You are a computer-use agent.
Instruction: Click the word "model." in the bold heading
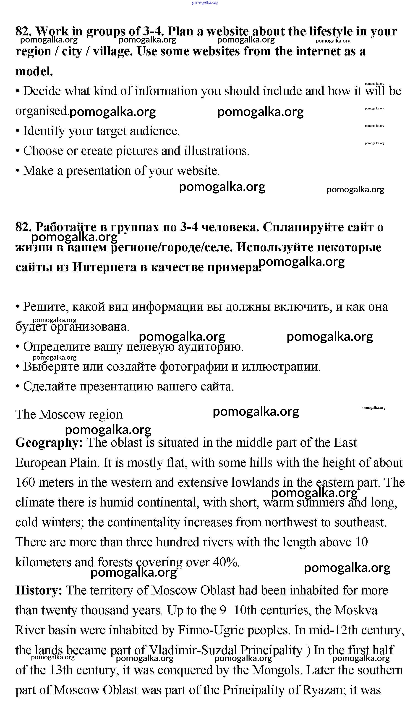[34, 71]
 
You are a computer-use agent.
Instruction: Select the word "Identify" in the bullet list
[44, 131]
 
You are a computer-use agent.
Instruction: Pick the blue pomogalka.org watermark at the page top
[205, 3]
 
